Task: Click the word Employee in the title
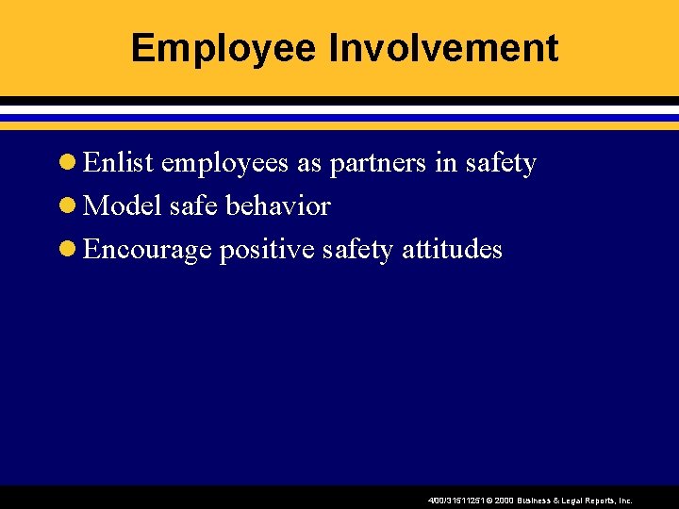tap(224, 48)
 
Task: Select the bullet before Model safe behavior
tap(68, 206)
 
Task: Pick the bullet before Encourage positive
tap(68, 250)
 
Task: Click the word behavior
tap(280, 205)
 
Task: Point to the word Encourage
tap(146, 250)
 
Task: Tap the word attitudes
tap(453, 249)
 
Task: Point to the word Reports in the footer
tap(600, 501)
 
